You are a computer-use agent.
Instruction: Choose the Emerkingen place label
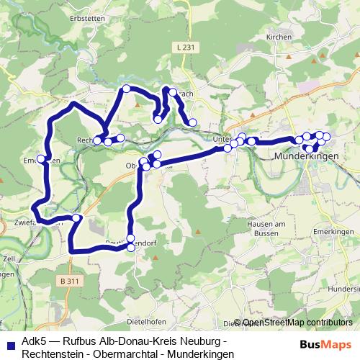[x=333, y=232]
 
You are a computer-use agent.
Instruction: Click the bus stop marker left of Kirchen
[x=192, y=123]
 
